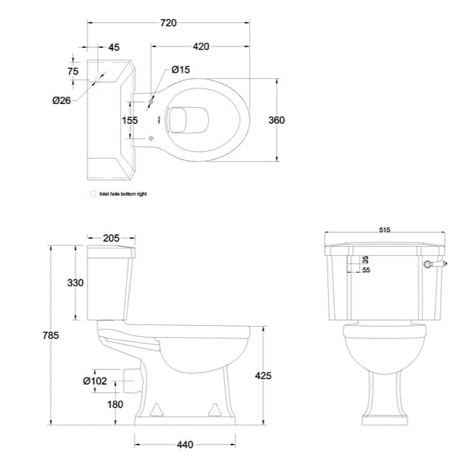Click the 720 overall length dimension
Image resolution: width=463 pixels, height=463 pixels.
(x=168, y=23)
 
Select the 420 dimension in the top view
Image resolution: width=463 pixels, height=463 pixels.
(x=201, y=46)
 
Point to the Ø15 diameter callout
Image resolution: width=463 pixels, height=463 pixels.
(x=181, y=69)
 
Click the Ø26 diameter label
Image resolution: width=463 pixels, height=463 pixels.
(x=61, y=101)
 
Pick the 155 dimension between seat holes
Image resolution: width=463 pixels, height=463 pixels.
(x=130, y=120)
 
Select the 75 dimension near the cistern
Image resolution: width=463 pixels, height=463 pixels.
(x=72, y=72)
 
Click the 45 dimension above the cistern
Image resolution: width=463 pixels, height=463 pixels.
(x=114, y=47)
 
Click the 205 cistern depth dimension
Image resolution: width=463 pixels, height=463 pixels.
(x=111, y=237)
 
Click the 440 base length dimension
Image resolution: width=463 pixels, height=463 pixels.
(x=186, y=445)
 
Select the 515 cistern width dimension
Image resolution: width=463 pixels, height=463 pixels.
(x=385, y=229)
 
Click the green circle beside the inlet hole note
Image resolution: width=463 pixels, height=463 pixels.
(x=93, y=194)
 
